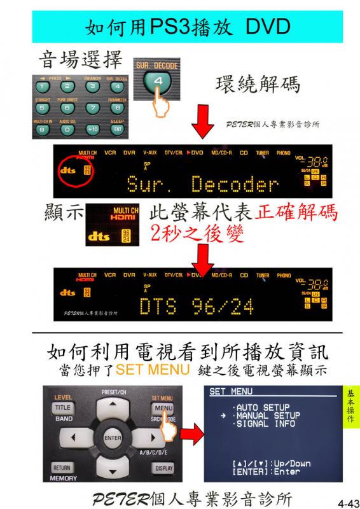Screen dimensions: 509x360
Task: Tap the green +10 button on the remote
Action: [92, 129]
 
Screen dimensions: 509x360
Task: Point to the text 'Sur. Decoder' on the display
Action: [202, 185]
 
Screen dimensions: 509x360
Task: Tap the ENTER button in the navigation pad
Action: [112, 438]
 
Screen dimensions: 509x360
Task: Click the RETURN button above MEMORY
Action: [62, 468]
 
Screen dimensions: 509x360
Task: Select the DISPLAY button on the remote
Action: [162, 468]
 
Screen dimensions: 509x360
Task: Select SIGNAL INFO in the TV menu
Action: [264, 423]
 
